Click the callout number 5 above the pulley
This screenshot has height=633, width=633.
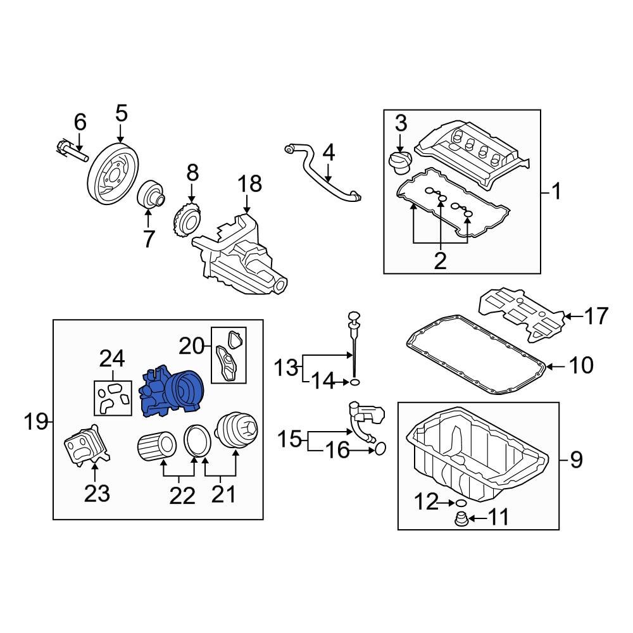pos(121,114)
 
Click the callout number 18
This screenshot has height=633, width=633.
pos(249,184)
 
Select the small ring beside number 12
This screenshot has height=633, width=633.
pos(461,503)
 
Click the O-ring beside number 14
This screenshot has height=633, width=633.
pos(356,382)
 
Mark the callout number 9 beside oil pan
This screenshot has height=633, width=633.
pos(575,459)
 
